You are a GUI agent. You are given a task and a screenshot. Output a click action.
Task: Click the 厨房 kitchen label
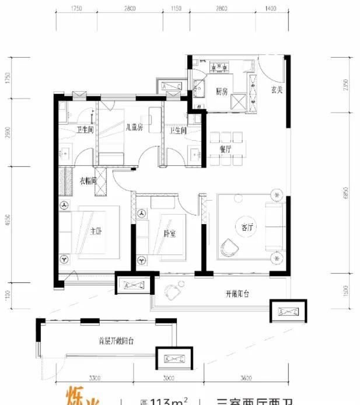point(221,92)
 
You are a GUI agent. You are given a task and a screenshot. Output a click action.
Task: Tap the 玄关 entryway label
point(277,90)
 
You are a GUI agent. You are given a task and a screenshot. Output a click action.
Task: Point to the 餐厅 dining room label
point(226,149)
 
